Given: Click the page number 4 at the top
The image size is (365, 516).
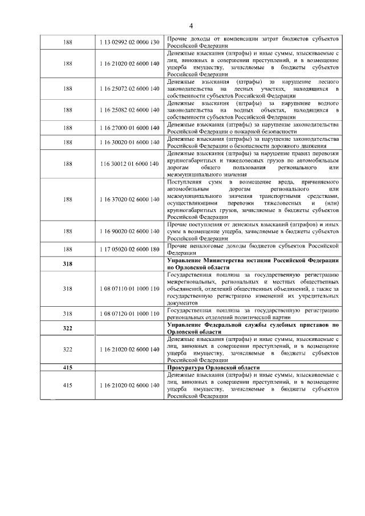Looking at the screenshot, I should (x=191, y=26).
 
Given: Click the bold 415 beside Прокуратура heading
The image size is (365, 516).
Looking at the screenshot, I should (x=67, y=368).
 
